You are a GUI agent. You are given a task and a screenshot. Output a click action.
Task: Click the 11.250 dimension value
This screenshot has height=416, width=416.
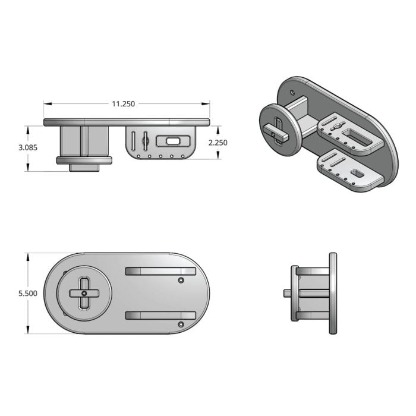pyautogui.click(x=123, y=104)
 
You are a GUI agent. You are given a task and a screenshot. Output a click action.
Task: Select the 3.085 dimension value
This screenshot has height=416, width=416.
pyautogui.click(x=28, y=147)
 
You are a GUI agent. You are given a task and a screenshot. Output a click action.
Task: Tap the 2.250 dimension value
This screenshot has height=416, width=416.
pyautogui.click(x=218, y=143)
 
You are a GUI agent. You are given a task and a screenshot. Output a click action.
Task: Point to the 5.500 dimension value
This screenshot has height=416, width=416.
pyautogui.click(x=28, y=294)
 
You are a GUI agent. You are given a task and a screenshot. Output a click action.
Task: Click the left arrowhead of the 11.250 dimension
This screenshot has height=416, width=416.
pyautogui.click(x=48, y=104)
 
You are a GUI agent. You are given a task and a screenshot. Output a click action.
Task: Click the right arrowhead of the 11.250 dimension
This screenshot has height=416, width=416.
pyautogui.click(x=206, y=104)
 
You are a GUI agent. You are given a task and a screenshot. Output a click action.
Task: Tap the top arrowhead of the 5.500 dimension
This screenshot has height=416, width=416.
pyautogui.click(x=28, y=257)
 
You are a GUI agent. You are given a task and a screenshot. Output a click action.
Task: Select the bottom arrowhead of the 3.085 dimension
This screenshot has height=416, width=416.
pyautogui.click(x=28, y=167)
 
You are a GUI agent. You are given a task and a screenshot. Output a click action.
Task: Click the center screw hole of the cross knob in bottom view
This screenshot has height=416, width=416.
pyautogui.click(x=84, y=293)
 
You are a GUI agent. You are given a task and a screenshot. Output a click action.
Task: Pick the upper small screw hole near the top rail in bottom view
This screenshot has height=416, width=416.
pyautogui.click(x=181, y=280)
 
